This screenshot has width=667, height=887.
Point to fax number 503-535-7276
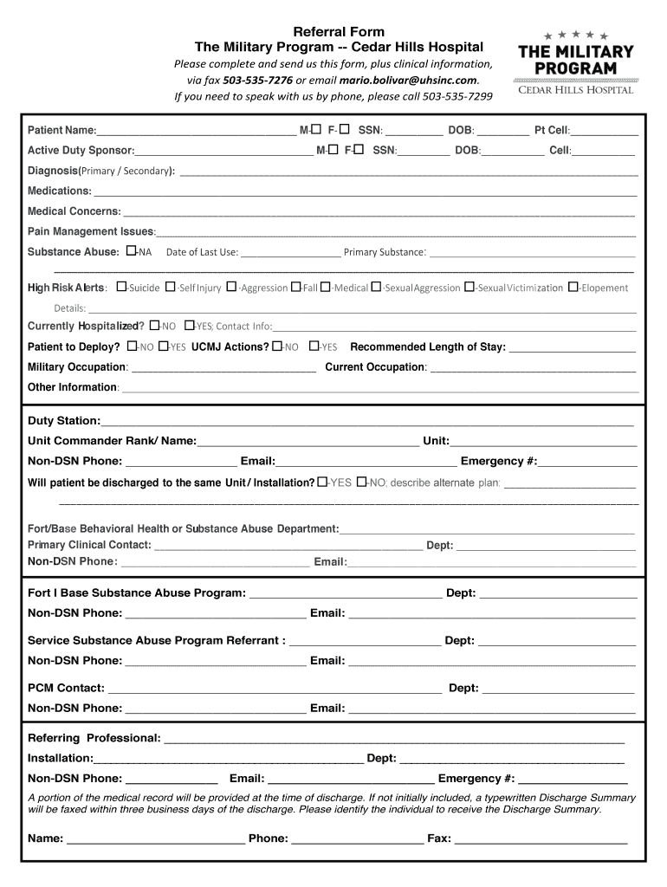point(257,79)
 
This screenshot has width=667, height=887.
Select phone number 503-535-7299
point(457,95)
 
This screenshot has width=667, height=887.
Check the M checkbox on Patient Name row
point(315,129)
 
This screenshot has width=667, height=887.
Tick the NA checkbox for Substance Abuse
point(131,250)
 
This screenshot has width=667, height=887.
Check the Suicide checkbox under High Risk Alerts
point(121,287)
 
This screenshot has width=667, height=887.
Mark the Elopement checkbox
point(573,287)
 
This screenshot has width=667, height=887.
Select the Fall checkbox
point(296,287)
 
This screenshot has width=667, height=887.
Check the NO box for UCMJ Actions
point(276,346)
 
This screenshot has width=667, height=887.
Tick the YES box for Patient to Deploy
point(164,346)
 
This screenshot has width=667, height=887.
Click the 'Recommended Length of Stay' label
point(427,346)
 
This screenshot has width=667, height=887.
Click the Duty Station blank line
point(366,423)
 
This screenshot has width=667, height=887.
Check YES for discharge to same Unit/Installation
point(322,482)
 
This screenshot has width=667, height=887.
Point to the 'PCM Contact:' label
point(66,688)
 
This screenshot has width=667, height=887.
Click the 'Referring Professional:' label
point(94,738)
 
